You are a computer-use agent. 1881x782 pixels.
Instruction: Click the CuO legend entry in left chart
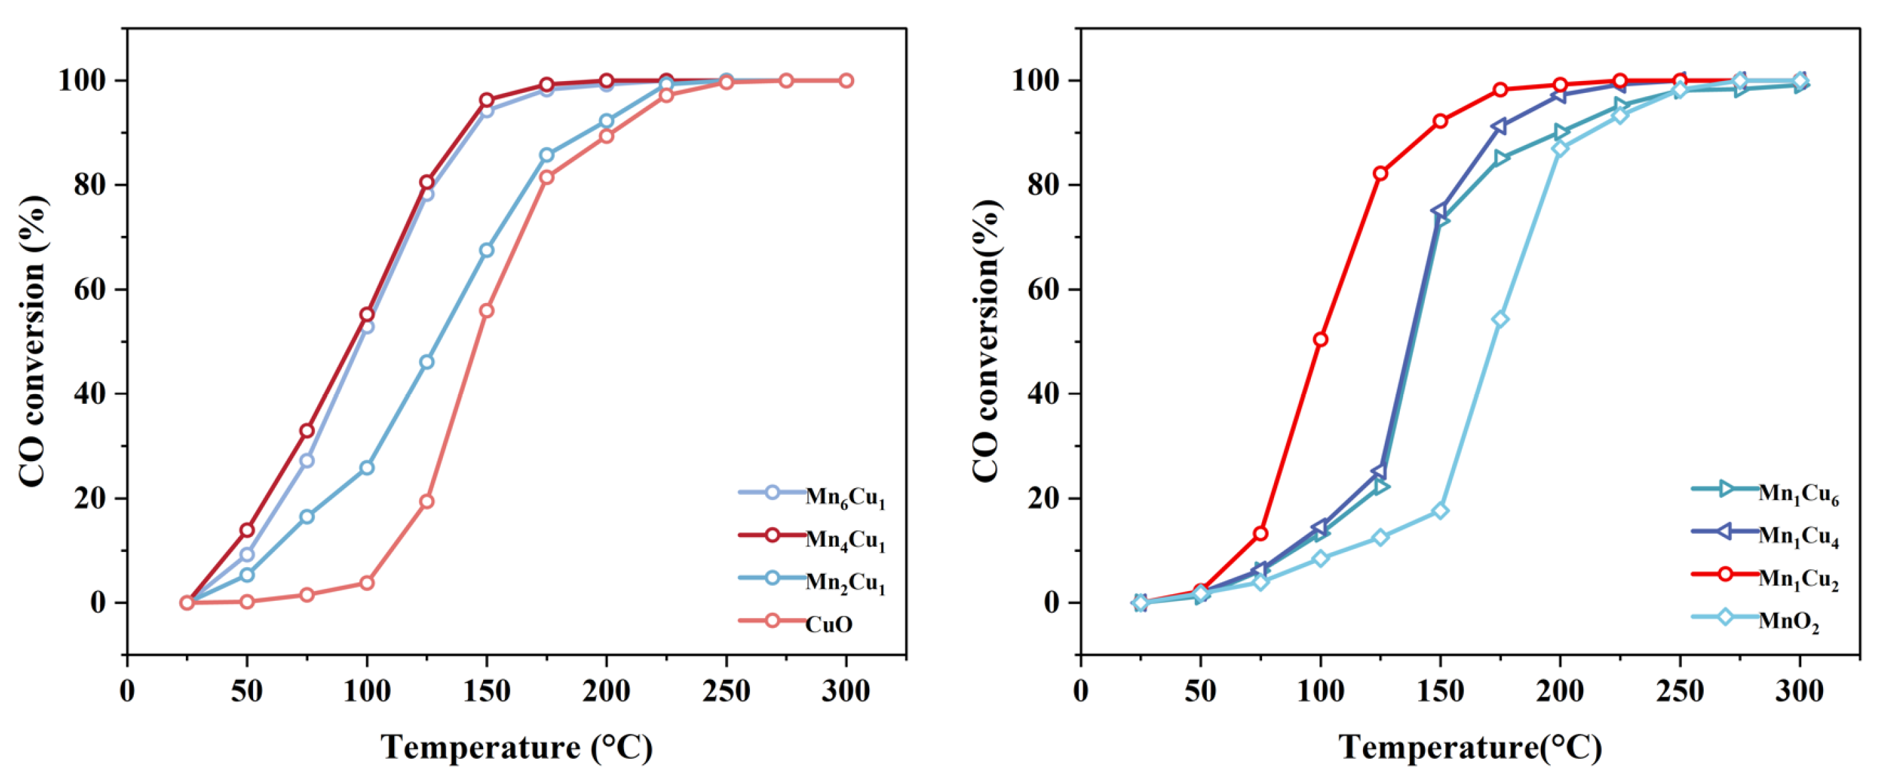point(828,625)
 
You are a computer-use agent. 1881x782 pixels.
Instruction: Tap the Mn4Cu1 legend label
point(845,540)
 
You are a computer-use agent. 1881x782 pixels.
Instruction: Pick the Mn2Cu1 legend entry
point(845,582)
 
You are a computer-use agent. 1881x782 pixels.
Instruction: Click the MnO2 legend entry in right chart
point(1788,621)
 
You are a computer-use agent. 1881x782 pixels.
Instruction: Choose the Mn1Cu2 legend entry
point(1798,579)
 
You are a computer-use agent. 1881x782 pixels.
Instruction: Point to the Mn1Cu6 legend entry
point(1798,494)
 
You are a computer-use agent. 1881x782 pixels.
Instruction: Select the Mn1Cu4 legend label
point(1798,537)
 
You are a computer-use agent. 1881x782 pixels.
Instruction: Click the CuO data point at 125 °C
point(427,501)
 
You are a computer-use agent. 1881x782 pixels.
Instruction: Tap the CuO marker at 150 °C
point(487,311)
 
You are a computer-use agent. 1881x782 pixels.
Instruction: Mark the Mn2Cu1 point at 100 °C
point(366,467)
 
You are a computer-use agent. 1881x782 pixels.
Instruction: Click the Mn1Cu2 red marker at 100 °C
point(1320,339)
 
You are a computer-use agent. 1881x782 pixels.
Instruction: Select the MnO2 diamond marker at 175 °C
point(1501,319)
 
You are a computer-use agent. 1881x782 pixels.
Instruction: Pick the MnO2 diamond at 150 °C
point(1440,511)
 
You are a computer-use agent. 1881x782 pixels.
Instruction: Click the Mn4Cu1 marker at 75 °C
point(306,431)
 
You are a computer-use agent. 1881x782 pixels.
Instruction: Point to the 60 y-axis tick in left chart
point(88,290)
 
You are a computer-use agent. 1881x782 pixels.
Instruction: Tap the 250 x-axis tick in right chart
point(1679,690)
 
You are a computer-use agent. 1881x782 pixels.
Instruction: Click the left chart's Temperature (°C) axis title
point(516,747)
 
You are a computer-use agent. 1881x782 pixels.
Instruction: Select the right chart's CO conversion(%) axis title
point(987,340)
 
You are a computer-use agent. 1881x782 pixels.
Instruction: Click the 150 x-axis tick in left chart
point(487,690)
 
